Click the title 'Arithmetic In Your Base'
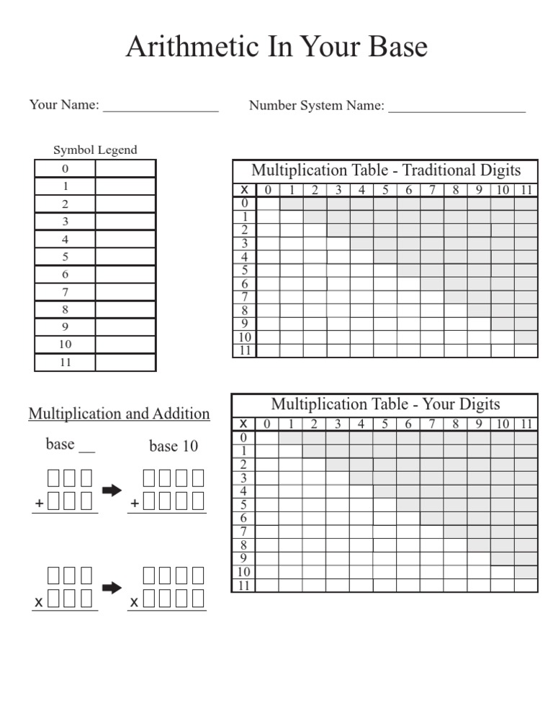276,47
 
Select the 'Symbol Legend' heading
95,150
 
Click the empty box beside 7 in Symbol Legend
125,292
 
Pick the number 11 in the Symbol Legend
66,363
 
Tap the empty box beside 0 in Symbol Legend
125,169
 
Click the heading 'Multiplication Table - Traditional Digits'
385,170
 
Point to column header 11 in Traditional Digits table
526,191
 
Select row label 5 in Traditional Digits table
245,270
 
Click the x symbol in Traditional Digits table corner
245,190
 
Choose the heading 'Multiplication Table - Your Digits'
385,404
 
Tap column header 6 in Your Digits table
408,424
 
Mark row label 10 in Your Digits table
245,572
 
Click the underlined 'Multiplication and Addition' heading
120,414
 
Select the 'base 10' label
173,447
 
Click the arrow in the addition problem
112,491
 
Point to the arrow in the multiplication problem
112,588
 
